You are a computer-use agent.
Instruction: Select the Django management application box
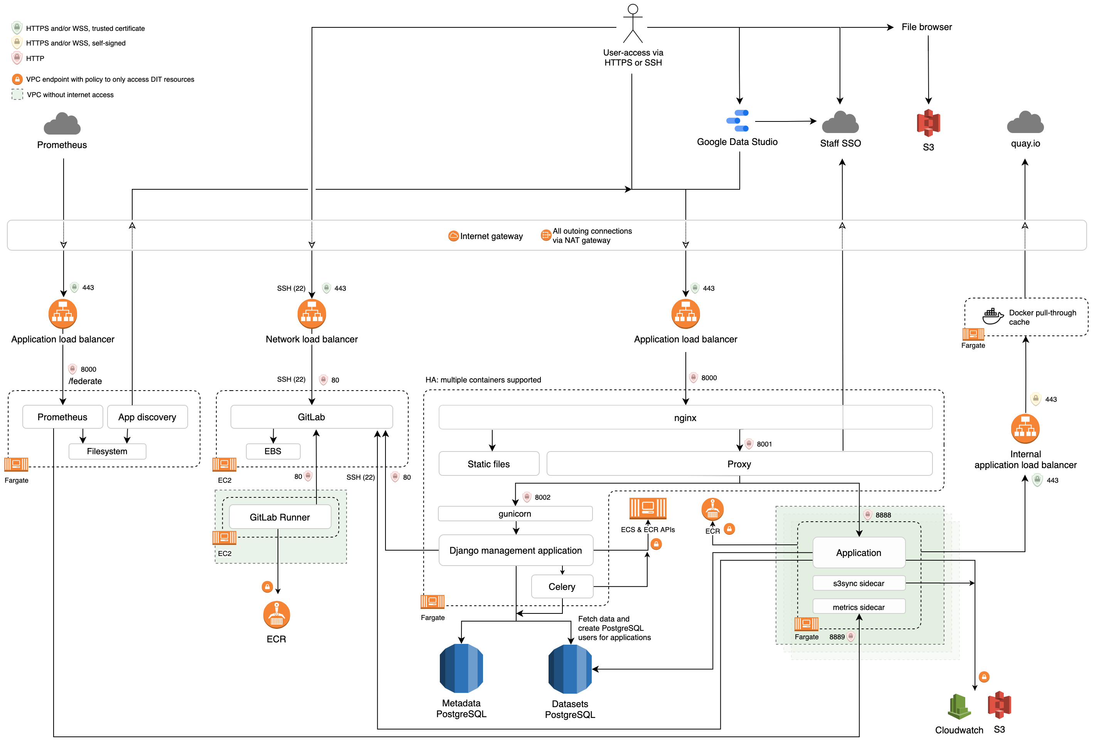(x=515, y=550)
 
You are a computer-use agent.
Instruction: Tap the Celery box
(x=562, y=586)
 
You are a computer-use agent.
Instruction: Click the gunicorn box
(x=515, y=514)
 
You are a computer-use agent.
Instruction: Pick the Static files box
(x=489, y=464)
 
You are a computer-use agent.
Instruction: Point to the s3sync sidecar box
(x=858, y=583)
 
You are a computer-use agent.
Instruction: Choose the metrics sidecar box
(x=858, y=607)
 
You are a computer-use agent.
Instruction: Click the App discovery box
(x=147, y=417)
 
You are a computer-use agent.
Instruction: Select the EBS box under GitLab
(x=273, y=451)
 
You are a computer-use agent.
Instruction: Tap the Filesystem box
(x=107, y=451)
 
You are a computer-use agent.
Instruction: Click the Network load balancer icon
(x=311, y=313)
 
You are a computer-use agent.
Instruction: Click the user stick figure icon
(x=633, y=24)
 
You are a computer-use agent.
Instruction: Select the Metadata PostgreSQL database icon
(x=461, y=669)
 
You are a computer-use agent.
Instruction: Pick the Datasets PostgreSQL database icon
(x=570, y=669)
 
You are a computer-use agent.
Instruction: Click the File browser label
(x=926, y=27)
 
